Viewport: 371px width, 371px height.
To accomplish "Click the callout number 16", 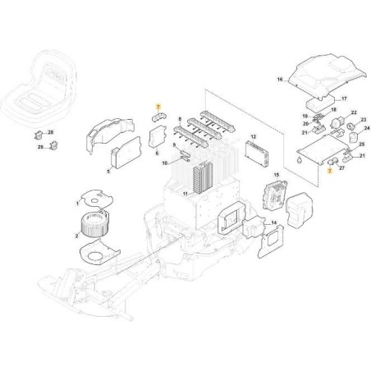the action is coord(280,80).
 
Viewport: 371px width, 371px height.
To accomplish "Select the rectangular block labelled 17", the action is coord(320,103).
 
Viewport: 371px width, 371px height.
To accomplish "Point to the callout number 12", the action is coord(254,136).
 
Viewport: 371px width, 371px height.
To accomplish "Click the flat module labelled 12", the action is coord(256,154).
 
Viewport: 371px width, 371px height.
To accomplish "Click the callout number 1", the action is coord(77,204).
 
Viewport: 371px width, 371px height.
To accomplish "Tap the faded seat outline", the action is coord(39,87).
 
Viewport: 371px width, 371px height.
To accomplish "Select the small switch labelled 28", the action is coord(39,135).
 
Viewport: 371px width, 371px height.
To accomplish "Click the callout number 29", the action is coord(40,147).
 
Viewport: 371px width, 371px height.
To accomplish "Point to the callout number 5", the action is coord(108,172).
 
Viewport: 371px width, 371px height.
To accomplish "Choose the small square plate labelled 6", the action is coord(158,136).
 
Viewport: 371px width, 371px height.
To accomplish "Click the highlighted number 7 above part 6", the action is coord(158,106).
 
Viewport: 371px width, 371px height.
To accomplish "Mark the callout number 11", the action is coord(185,194).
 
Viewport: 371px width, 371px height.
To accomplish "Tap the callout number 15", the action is coord(277,175).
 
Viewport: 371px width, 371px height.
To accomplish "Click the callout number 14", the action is coord(274,223).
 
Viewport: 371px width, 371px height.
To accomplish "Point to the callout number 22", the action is coord(354,112).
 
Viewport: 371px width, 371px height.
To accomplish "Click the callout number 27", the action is coord(341,168).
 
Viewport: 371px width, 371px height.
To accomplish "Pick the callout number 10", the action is coord(165,163).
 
